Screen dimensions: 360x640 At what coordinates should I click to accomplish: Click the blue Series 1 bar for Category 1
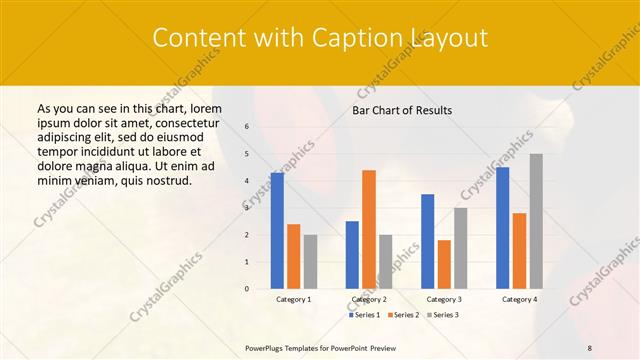pos(277,231)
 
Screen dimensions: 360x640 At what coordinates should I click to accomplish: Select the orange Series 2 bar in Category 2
pos(369,229)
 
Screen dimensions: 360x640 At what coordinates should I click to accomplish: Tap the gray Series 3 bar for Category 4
pos(536,221)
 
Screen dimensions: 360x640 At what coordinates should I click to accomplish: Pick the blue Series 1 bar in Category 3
pos(427,241)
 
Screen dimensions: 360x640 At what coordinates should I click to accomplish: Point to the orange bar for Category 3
pos(444,264)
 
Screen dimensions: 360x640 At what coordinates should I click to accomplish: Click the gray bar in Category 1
pos(310,261)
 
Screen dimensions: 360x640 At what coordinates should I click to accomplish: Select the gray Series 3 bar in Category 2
pos(385,261)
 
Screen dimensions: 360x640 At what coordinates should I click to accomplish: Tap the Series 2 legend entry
pos(403,315)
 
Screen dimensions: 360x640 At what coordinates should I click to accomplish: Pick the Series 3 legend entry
pos(443,315)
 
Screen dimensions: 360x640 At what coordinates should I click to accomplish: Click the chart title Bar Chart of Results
pos(402,110)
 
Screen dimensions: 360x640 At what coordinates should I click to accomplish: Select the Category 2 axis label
pos(369,299)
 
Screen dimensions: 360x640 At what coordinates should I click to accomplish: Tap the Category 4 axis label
pos(519,299)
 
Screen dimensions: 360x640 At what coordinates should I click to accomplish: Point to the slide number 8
pos(590,347)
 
